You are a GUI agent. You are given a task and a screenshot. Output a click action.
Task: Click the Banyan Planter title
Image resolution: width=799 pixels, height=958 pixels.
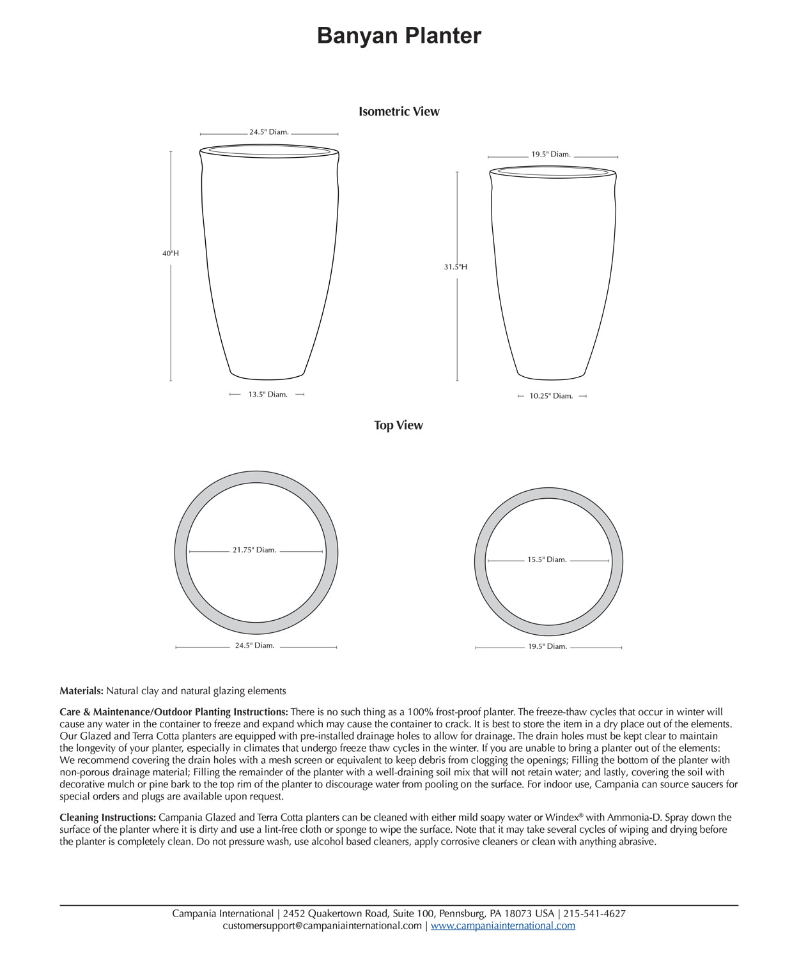pos(399,36)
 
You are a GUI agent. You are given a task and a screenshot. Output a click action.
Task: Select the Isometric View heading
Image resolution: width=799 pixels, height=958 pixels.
pos(399,112)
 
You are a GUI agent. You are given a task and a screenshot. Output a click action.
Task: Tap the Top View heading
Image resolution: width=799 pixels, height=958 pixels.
pos(398,425)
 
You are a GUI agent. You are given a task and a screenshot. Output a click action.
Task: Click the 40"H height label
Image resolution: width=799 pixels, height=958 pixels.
pos(171,254)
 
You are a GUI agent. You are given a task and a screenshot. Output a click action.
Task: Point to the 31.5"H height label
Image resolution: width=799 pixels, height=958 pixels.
pos(456,267)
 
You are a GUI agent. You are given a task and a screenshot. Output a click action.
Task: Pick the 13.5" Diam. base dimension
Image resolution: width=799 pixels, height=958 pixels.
pos(268,395)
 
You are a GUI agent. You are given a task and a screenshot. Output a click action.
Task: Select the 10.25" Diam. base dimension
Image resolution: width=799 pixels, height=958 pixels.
pos(551,396)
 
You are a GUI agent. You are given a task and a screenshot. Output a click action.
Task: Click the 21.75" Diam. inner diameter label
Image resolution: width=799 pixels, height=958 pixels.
pos(254,550)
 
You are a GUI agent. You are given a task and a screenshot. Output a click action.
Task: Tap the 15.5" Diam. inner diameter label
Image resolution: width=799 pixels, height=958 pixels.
pos(547,559)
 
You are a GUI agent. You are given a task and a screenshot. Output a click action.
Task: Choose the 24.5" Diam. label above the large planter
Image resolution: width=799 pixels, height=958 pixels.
pos(269,132)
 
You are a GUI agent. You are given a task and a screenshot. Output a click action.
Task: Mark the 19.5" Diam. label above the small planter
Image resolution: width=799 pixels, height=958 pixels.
pos(551,155)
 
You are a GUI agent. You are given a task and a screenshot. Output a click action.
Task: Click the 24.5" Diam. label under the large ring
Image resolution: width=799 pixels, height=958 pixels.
pos(254,646)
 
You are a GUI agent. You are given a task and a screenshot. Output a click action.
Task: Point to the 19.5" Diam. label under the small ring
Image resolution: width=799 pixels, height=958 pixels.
pos(547,646)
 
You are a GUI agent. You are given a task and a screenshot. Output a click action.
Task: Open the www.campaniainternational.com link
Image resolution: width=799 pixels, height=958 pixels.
pos(503,925)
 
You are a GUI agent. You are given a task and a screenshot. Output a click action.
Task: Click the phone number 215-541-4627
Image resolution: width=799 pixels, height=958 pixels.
pos(594,913)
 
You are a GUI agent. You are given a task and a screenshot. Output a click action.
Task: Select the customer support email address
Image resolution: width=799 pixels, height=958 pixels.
pos(322,925)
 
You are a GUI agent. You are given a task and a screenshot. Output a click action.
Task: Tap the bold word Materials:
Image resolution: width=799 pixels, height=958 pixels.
pos(81,691)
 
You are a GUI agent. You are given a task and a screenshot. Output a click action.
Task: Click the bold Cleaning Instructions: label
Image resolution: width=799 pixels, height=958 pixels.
pos(107,817)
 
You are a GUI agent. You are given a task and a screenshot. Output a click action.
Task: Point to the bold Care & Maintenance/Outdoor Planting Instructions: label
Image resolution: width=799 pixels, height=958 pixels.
pos(174,712)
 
